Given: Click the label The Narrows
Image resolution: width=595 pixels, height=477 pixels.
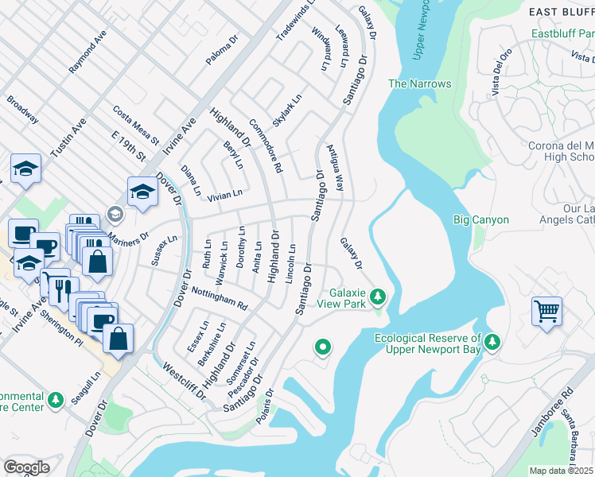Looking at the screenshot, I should (419, 83).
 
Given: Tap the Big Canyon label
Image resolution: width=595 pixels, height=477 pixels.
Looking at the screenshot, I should (480, 219).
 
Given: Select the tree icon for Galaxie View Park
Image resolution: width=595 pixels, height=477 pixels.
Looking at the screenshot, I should (379, 297).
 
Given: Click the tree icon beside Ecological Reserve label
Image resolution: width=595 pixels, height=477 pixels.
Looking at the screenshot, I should (493, 342).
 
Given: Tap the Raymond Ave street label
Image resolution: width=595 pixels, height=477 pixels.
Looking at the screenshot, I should (87, 52).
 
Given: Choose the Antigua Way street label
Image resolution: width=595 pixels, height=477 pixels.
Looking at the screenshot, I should (335, 168).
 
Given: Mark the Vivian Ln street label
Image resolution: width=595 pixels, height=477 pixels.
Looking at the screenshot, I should (224, 195).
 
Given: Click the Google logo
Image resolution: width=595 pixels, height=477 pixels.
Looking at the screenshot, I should (26, 467).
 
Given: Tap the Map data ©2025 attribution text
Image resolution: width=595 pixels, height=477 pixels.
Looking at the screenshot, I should (560, 471).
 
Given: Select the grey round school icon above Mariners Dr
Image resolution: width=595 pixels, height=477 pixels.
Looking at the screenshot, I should (115, 214).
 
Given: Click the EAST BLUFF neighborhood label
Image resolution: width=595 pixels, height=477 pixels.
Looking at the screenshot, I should (562, 11).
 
